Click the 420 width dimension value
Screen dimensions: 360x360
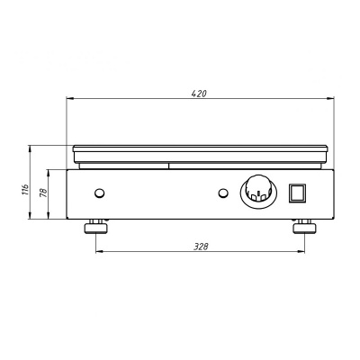(199, 94)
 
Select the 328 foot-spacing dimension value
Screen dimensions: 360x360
(201, 247)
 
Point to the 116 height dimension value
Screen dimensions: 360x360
(26, 190)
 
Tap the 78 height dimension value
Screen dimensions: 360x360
(44, 193)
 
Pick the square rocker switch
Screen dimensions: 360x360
(297, 193)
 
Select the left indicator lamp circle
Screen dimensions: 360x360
(99, 193)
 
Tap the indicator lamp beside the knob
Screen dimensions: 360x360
(223, 193)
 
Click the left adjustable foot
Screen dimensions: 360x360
(95, 227)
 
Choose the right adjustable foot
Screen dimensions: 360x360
(304, 227)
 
